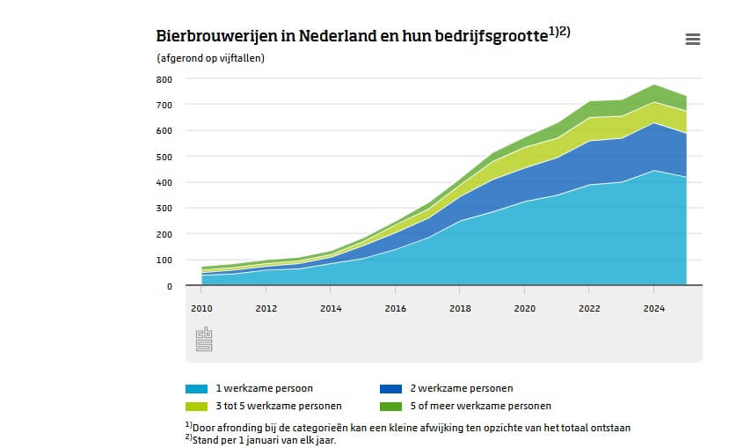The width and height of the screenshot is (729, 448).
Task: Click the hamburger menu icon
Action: pyautogui.click(x=692, y=39)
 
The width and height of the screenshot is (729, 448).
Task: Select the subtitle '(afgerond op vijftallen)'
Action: pyautogui.click(x=210, y=58)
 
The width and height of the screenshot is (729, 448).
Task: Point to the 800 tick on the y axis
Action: pyautogui.click(x=164, y=79)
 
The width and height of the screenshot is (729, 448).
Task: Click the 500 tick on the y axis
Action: pyautogui.click(x=164, y=157)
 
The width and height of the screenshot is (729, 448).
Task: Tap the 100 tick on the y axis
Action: pyautogui.click(x=164, y=261)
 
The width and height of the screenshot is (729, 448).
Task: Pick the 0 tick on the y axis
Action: pyautogui.click(x=169, y=286)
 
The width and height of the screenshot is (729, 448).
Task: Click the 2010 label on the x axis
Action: pyautogui.click(x=202, y=309)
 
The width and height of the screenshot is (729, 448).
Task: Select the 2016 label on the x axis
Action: pyautogui.click(x=396, y=309)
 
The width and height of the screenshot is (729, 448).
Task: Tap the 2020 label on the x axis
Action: pyautogui.click(x=525, y=309)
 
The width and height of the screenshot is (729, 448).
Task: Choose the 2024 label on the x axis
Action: pyautogui.click(x=654, y=309)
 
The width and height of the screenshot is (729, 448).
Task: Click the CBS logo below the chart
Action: pyautogui.click(x=204, y=339)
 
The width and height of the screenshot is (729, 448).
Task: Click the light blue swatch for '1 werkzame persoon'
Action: pyautogui.click(x=196, y=388)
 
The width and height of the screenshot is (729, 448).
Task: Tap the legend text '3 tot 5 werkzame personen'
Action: pyautogui.click(x=279, y=406)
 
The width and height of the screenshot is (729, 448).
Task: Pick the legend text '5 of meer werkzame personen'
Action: pyautogui.click(x=481, y=406)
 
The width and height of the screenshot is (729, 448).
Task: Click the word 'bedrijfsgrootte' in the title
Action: pyautogui.click(x=490, y=37)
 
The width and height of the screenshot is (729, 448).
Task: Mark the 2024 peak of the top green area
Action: pyautogui.click(x=654, y=85)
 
